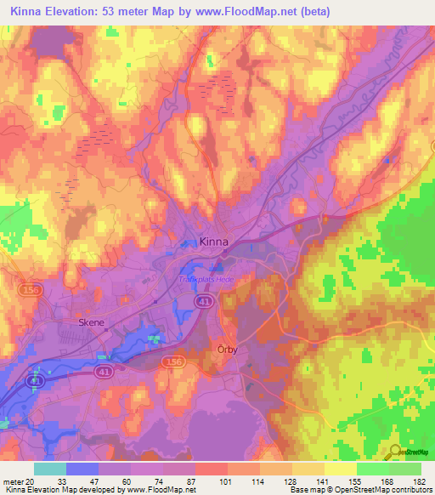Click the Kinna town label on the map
[x=212, y=242]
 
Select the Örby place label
[x=225, y=349]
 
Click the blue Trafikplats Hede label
[x=204, y=280]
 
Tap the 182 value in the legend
[x=418, y=481]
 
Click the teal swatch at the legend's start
[x=50, y=469]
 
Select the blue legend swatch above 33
[x=82, y=469]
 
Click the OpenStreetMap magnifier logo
[x=395, y=454]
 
